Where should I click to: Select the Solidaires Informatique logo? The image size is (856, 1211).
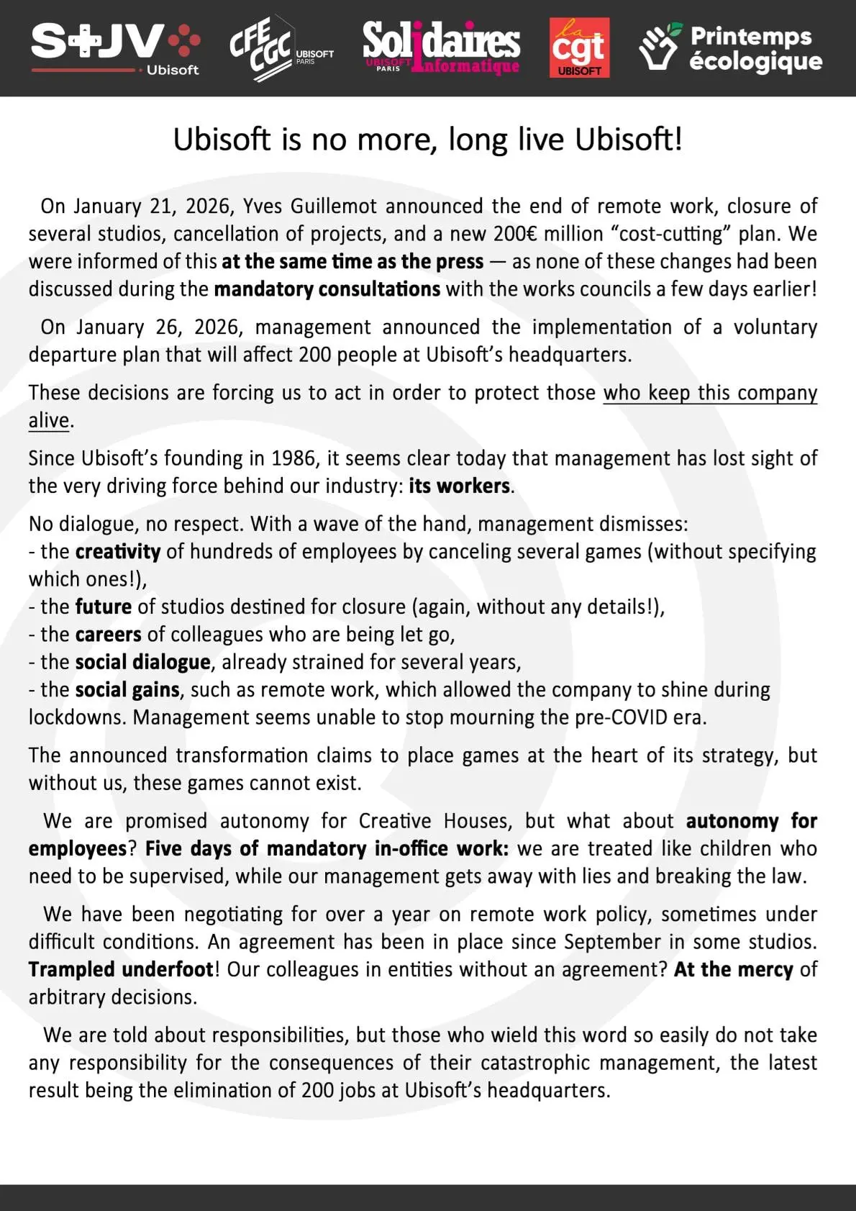[440, 47]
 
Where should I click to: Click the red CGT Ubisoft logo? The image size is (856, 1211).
[579, 47]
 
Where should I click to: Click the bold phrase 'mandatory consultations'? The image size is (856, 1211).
[327, 289]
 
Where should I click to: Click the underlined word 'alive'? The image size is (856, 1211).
[49, 420]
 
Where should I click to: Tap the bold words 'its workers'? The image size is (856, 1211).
[459, 486]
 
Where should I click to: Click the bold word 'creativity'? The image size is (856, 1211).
[118, 552]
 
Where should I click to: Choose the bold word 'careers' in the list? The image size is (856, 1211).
[109, 635]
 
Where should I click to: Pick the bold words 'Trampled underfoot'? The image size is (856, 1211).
[121, 970]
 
